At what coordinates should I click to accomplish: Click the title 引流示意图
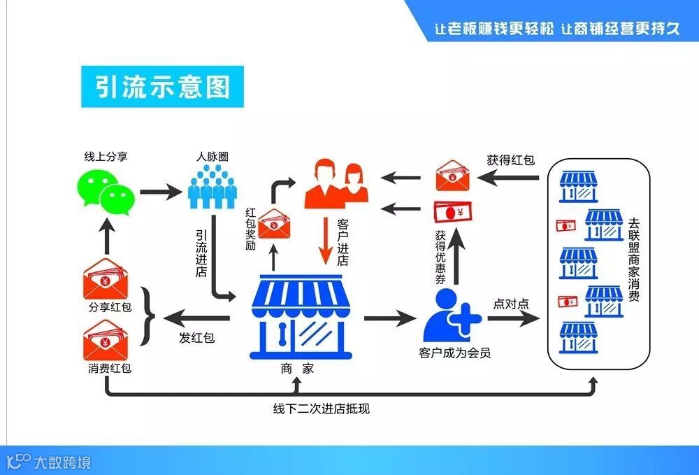[162, 87]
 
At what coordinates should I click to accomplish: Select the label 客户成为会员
[455, 353]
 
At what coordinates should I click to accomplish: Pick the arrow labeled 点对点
[514, 319]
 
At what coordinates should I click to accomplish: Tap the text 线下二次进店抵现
[322, 409]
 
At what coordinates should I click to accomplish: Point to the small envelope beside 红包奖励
[273, 225]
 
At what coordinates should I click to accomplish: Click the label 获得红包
[511, 159]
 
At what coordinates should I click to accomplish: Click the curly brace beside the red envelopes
[147, 316]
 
